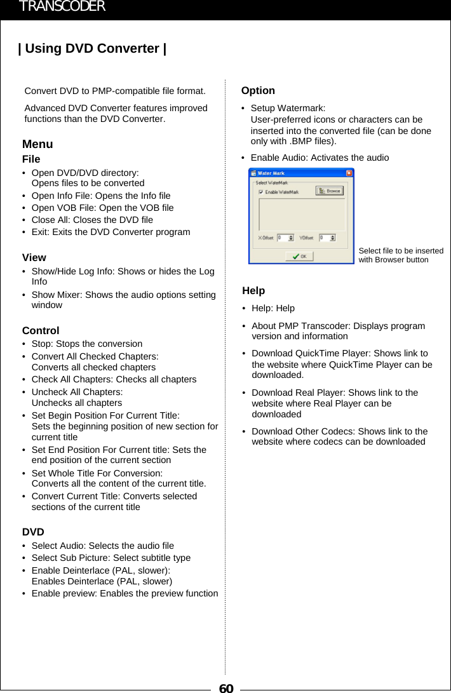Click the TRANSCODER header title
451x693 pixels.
[x=62, y=7]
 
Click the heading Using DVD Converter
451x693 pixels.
[x=93, y=49]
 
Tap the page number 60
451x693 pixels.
[x=226, y=688]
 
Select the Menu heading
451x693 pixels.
[x=37, y=144]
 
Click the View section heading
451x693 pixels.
[x=34, y=257]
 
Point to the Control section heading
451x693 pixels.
[x=41, y=330]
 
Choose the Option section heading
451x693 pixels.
[x=258, y=91]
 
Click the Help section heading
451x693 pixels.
[x=253, y=290]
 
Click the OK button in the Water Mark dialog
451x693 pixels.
[x=299, y=256]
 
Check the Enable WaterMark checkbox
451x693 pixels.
[x=261, y=192]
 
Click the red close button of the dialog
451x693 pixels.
[x=349, y=173]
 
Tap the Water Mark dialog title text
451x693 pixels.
[x=271, y=173]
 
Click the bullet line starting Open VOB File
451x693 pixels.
[x=102, y=208]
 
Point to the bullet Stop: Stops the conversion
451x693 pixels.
[x=87, y=344]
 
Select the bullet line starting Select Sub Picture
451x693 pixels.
[x=111, y=558]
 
